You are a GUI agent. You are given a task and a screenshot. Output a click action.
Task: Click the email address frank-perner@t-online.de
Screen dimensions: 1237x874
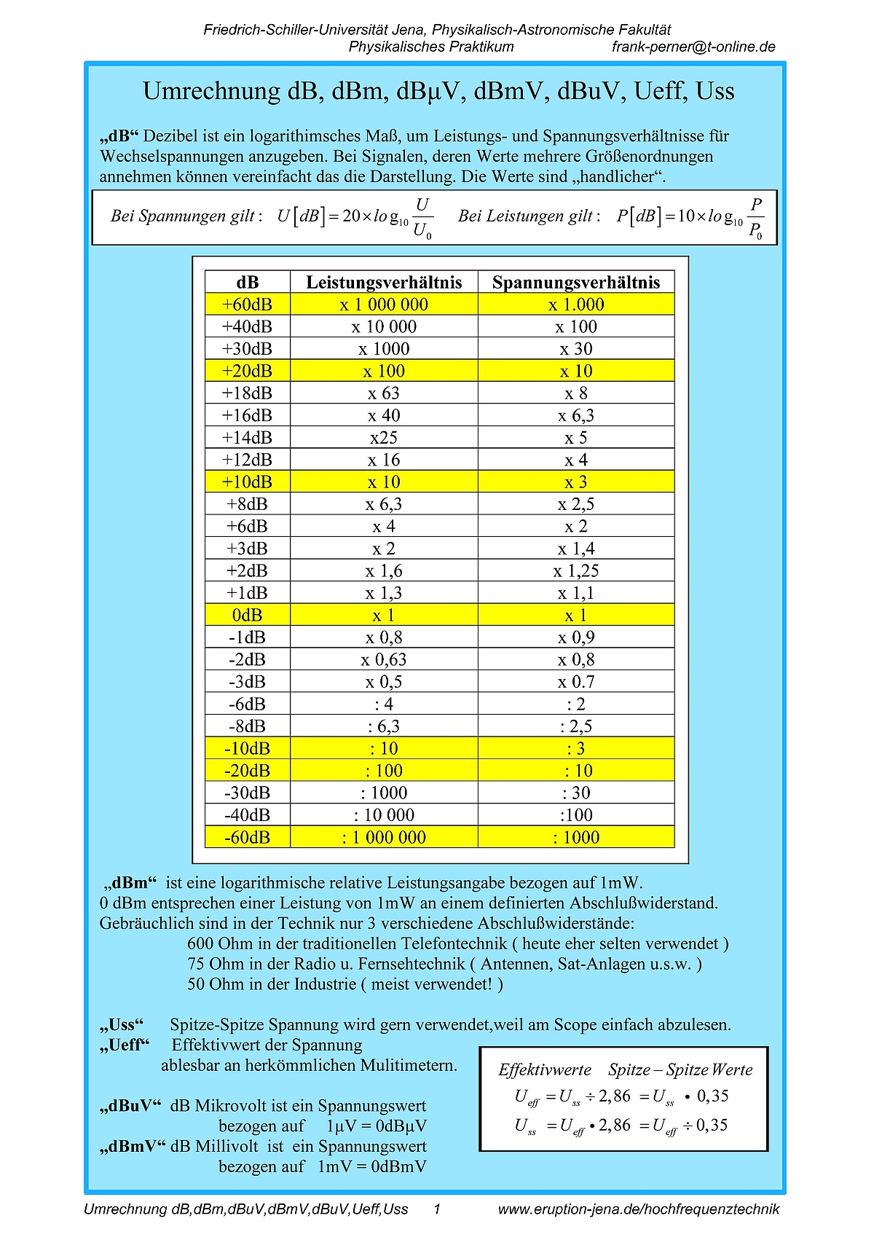(693, 47)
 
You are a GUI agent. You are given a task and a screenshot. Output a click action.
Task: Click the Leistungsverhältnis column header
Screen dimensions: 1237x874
(384, 283)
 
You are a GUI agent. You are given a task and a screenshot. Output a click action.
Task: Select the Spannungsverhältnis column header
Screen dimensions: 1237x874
(576, 283)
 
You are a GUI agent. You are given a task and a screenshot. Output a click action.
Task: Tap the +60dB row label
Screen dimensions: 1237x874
(247, 305)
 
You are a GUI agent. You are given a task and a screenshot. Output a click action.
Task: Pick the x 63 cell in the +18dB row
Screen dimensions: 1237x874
(384, 393)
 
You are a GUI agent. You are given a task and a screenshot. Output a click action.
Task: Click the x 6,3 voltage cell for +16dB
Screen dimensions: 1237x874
(576, 415)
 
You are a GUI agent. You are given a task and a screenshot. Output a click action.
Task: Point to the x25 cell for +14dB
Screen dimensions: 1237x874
(384, 438)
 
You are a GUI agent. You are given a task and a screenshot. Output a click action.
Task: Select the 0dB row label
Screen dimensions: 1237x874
(247, 616)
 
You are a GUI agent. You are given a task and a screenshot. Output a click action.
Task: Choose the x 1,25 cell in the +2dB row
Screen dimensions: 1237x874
(576, 571)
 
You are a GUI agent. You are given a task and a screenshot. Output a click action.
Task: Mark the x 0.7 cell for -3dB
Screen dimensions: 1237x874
(576, 682)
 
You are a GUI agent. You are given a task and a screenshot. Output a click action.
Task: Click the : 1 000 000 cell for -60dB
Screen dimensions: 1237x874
(384, 838)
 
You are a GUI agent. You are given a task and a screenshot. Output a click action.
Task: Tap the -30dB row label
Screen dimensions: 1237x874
(247, 793)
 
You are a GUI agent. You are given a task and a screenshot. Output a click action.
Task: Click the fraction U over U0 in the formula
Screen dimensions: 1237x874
(422, 217)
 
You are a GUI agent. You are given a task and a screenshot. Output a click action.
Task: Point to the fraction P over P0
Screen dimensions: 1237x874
(756, 217)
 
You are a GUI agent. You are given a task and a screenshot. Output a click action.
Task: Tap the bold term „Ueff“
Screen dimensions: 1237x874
(125, 1045)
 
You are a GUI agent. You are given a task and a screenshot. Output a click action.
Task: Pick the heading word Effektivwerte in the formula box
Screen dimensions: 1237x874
(545, 1070)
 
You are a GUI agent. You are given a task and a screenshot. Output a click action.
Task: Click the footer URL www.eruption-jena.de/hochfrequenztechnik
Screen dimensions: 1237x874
(638, 1209)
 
